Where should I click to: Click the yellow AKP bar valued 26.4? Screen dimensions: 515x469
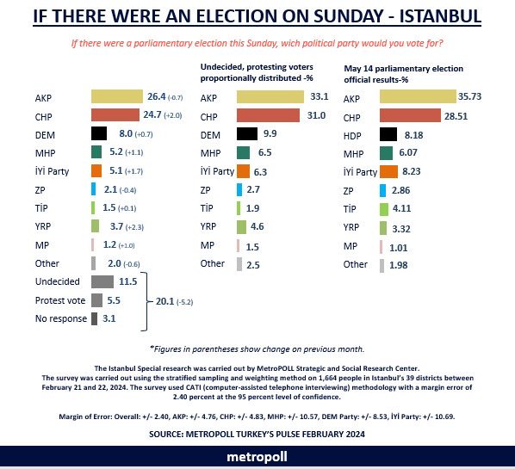pyautogui.click(x=117, y=96)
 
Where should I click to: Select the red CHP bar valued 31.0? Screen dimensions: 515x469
pyautogui.click(x=268, y=115)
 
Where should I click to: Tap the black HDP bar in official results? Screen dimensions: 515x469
pyautogui.click(x=388, y=134)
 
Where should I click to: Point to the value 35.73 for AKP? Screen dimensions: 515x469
pyautogui.click(x=469, y=96)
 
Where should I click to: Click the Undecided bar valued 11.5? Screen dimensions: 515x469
pyautogui.click(x=102, y=281)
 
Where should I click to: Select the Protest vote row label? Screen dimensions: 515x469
pyautogui.click(x=60, y=300)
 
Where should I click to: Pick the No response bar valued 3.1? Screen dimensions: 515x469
pyautogui.click(x=94, y=318)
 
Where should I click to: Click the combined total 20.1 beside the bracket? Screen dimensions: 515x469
pyautogui.click(x=164, y=301)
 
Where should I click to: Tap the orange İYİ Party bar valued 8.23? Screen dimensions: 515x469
pyautogui.click(x=388, y=171)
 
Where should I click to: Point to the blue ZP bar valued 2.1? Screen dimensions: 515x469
pyautogui.click(x=94, y=189)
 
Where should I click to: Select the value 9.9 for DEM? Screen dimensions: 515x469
pyautogui.click(x=270, y=133)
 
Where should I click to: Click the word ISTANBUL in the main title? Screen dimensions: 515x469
pyautogui.click(x=440, y=15)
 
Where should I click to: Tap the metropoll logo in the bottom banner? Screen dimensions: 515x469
pyautogui.click(x=257, y=457)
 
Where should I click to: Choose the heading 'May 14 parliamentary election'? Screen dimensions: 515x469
pyautogui.click(x=403, y=69)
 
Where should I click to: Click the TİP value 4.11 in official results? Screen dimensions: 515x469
pyautogui.click(x=401, y=208)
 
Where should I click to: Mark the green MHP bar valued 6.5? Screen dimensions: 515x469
pyautogui.click(x=243, y=153)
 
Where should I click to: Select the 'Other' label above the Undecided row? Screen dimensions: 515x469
pyautogui.click(x=47, y=263)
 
